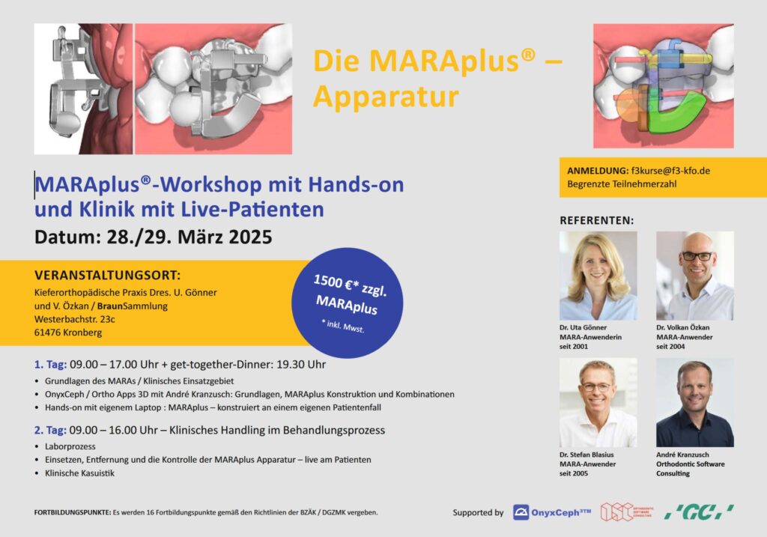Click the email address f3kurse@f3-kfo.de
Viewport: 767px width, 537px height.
[x=670, y=171]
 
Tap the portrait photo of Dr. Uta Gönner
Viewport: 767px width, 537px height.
[x=598, y=276]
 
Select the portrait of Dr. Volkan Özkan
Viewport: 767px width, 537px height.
[x=694, y=276]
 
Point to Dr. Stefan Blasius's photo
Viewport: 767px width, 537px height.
[x=598, y=402]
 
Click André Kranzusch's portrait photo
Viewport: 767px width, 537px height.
[x=694, y=402]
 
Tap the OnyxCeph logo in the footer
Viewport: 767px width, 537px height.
[x=552, y=512]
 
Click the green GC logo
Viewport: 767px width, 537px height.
[x=699, y=512]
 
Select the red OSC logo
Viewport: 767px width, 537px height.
[x=627, y=512]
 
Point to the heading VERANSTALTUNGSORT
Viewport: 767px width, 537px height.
[x=107, y=275]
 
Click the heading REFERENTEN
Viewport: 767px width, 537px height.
[x=596, y=221]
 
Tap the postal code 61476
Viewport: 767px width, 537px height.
[x=47, y=333]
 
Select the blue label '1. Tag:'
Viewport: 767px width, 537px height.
[x=50, y=364]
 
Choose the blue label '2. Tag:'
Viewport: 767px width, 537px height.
[x=50, y=431]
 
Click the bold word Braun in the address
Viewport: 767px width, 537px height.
[x=109, y=306]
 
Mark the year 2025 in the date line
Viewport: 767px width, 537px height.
[x=250, y=237]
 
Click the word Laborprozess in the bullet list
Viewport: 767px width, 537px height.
[x=70, y=446]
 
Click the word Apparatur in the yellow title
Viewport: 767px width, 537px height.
[x=386, y=97]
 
